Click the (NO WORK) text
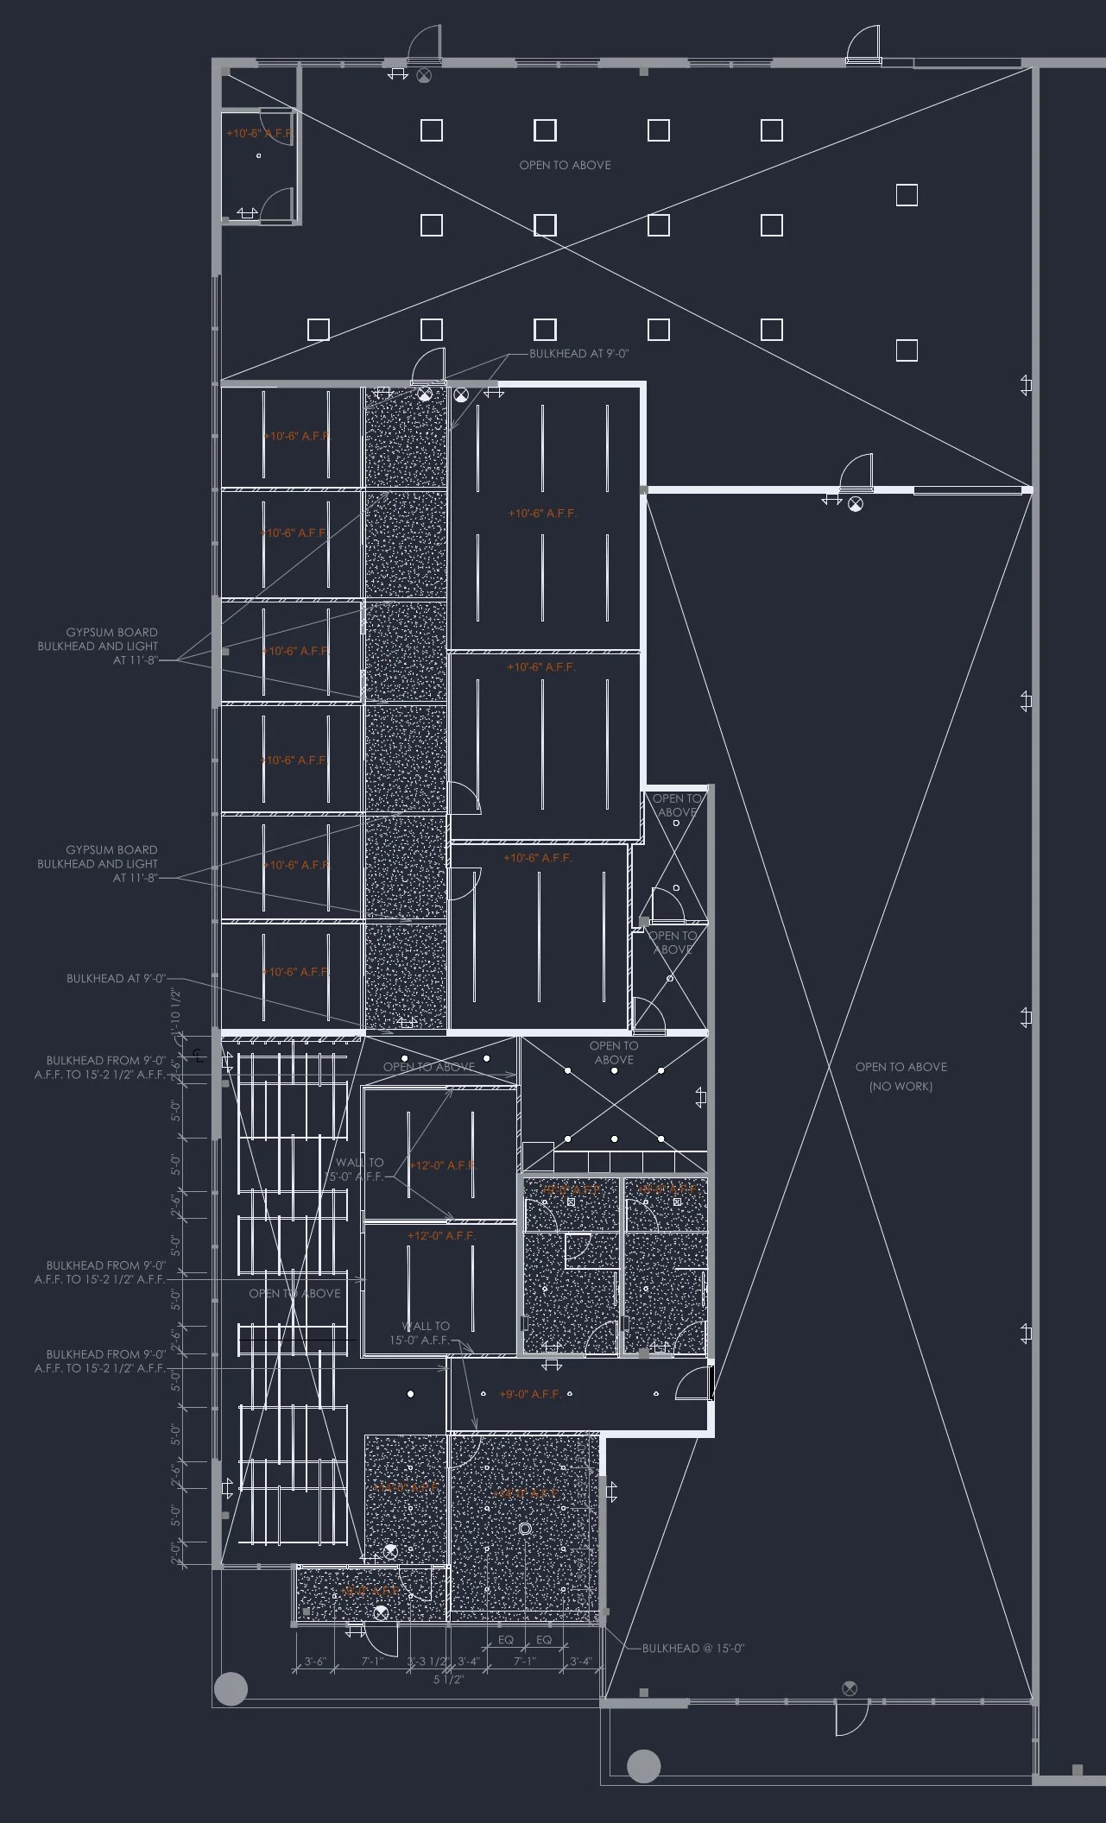[x=901, y=1086]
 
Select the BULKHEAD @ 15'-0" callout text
[x=692, y=1648]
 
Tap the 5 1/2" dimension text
[x=448, y=1680]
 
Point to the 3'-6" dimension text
[x=314, y=1662]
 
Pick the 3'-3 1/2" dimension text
[x=427, y=1662]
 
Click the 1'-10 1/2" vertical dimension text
[x=176, y=1007]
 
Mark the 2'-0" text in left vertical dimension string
[x=176, y=1554]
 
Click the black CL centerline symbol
[x=198, y=1055]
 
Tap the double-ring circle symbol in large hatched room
[x=524, y=1529]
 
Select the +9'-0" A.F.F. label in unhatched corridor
[x=529, y=1394]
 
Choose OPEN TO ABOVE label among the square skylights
[x=565, y=165]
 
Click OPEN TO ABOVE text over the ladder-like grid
[x=294, y=1293]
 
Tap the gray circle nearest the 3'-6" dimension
[x=231, y=1688]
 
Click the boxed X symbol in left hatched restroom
[x=571, y=1202]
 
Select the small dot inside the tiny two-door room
[x=258, y=156]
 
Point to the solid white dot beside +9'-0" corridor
[x=411, y=1394]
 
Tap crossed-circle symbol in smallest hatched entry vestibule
[x=381, y=1612]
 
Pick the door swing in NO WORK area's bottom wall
[x=850, y=1721]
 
